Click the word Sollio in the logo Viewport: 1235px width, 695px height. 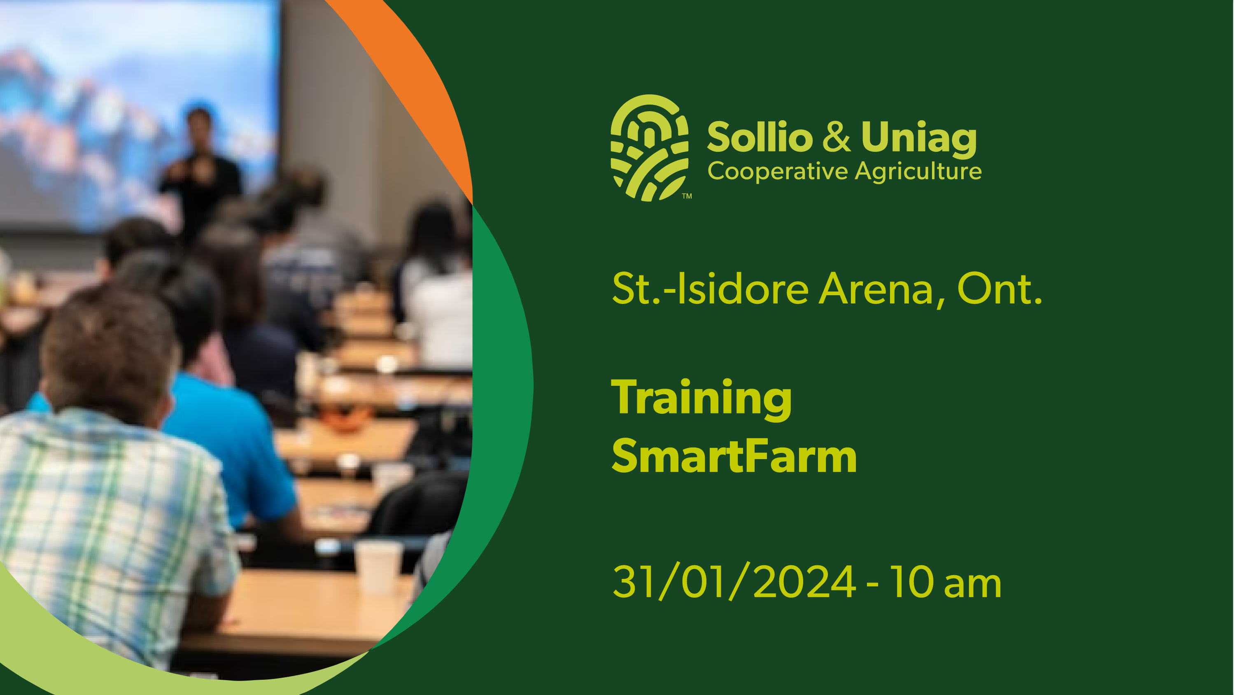tap(760, 137)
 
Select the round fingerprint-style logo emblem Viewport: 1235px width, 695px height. tap(649, 148)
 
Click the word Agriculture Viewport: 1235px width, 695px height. tap(918, 172)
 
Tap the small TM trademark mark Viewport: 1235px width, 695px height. tap(687, 196)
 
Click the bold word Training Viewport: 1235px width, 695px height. tap(701, 398)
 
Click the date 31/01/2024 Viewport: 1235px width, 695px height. tap(734, 582)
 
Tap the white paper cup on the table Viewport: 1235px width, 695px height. tap(378, 566)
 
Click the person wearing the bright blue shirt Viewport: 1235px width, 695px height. tap(230, 431)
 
